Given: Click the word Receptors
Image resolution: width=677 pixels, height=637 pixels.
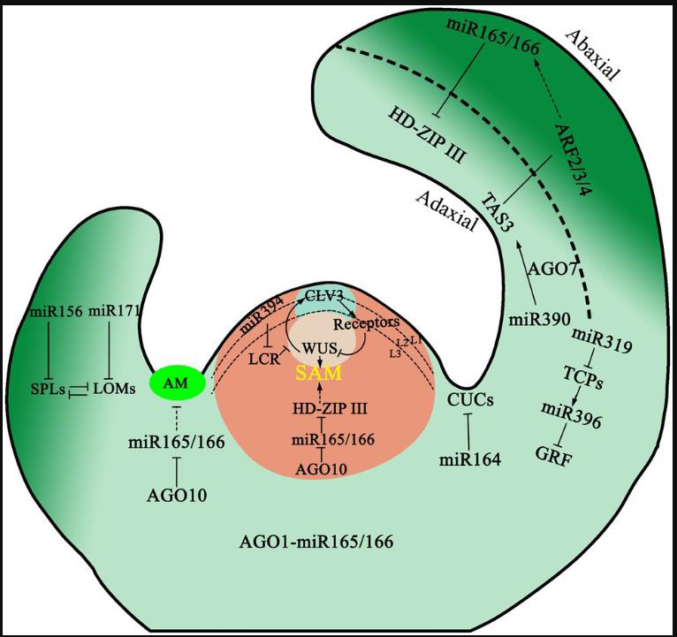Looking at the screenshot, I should (366, 322).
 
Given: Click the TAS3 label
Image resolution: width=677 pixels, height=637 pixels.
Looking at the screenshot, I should (497, 209).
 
